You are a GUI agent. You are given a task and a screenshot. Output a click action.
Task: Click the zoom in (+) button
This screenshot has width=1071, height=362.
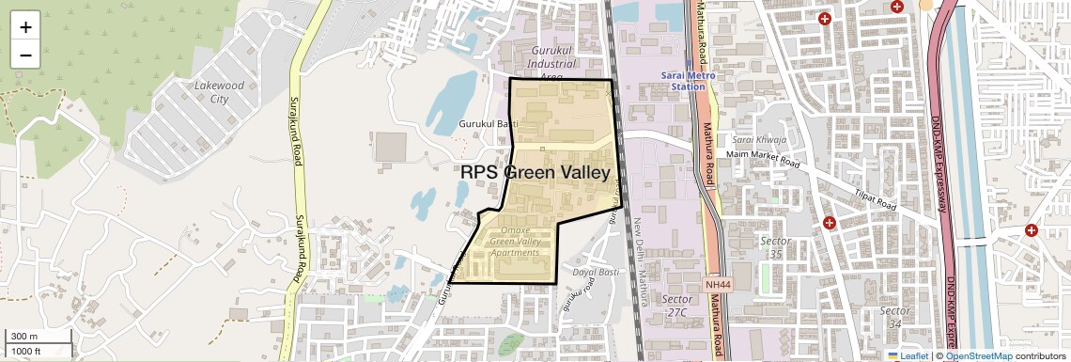click(x=25, y=27)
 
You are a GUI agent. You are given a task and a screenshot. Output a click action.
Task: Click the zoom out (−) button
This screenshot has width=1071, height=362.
click(x=25, y=55)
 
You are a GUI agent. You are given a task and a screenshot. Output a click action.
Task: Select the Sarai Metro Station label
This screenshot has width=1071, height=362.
click(x=687, y=80)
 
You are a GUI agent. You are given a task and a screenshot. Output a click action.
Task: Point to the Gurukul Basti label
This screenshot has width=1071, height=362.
click(x=489, y=124)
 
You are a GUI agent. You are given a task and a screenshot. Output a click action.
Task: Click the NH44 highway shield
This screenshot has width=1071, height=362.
click(x=716, y=283)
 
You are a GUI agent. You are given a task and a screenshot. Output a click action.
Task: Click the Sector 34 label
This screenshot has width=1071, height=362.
click(x=895, y=317)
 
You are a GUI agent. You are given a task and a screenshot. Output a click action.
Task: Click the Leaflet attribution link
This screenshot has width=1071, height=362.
click(x=908, y=355)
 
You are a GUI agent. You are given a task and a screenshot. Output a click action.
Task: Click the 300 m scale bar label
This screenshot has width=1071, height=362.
click(x=24, y=337)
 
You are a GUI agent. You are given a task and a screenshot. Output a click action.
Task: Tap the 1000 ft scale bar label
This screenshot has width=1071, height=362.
click(x=26, y=351)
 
